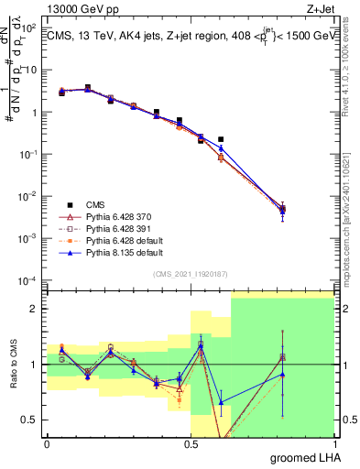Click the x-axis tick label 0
pos(47,443)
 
